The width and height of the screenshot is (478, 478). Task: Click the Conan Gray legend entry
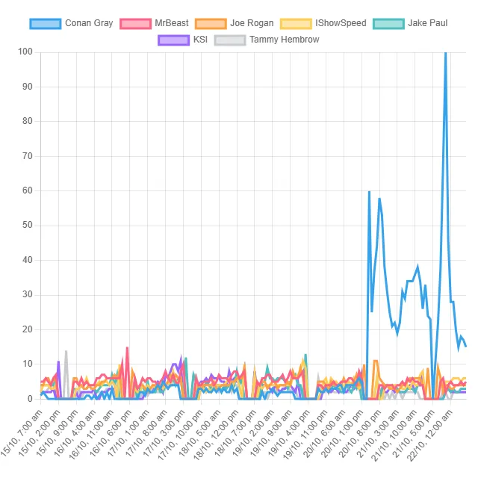[89, 23]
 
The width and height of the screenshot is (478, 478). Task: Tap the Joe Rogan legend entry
[252, 23]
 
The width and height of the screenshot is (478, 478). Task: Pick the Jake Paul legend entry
[428, 23]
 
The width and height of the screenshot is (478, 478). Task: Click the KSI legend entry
[200, 39]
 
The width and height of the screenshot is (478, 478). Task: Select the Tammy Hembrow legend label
[284, 39]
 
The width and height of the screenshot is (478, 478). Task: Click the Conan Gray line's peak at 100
[445, 52]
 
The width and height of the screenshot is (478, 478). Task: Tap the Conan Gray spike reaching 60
[369, 191]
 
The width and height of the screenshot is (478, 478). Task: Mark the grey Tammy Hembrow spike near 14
[66, 351]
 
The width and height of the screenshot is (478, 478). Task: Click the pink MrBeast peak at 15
[128, 347]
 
